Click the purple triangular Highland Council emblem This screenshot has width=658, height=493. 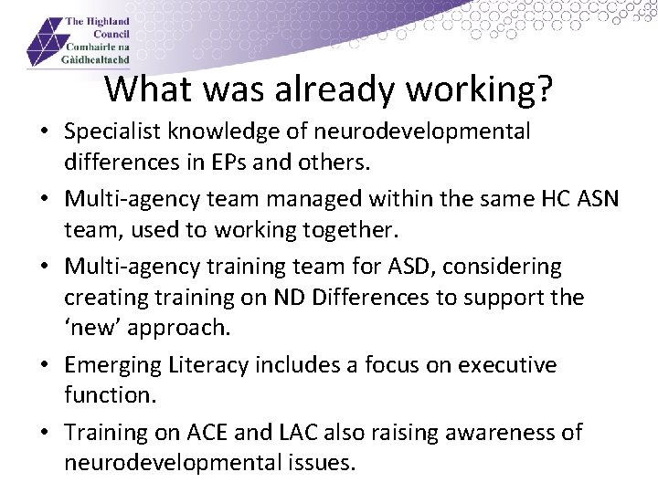45,42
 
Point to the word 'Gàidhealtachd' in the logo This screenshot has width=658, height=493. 96,58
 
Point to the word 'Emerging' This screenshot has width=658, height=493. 111,366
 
